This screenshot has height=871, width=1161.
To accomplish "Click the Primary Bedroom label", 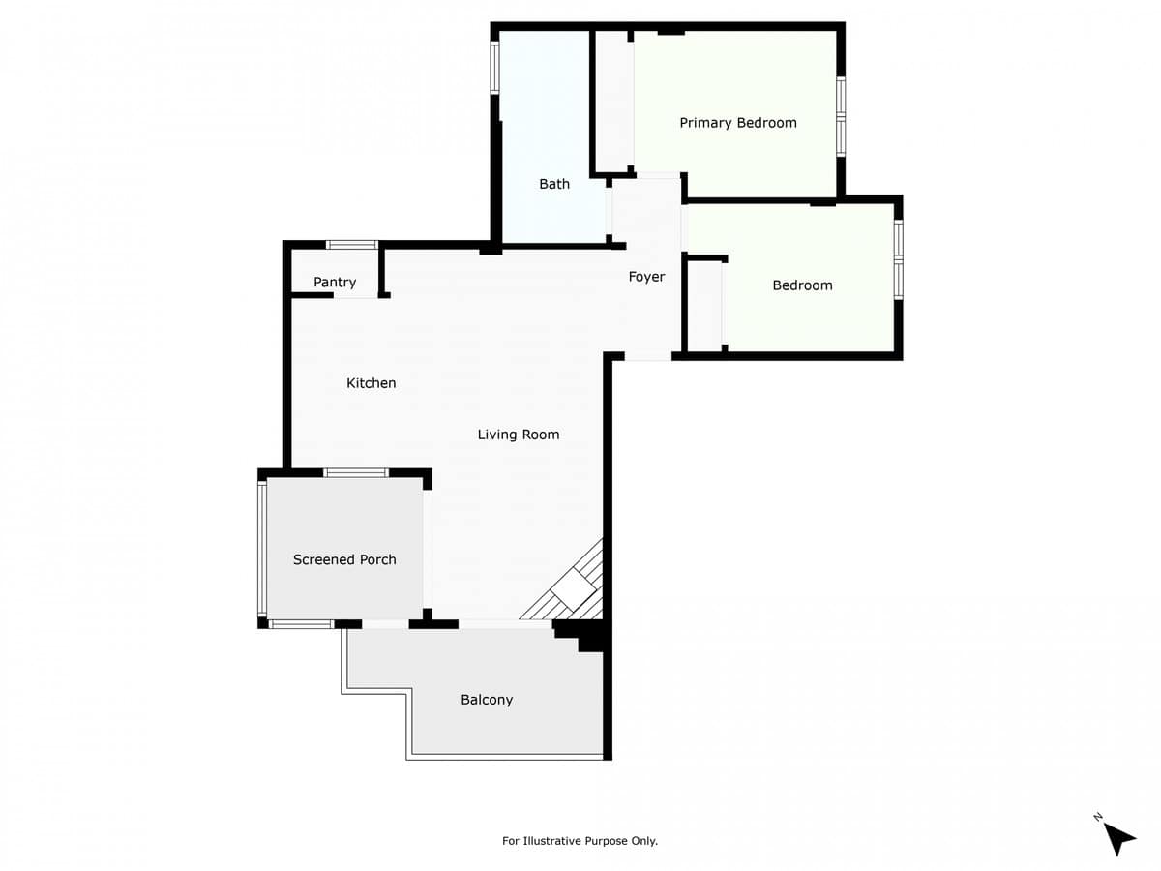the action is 738,123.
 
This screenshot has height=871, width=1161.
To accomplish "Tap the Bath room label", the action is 554,184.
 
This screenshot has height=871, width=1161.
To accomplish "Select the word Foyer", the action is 646,277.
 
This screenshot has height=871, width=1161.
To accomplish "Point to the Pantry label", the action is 335,283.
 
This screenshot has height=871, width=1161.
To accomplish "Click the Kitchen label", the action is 371,383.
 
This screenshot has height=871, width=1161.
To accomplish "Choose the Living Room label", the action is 519,435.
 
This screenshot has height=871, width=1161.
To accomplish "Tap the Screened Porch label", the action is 344,559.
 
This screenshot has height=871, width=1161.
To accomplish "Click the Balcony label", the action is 487,700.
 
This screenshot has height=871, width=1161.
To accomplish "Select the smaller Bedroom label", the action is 802,285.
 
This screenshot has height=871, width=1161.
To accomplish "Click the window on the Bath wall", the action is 494,68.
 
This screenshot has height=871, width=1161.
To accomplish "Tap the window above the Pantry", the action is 352,245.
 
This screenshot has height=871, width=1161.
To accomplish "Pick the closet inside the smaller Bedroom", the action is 705,305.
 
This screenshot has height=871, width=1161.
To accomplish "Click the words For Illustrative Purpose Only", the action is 580,841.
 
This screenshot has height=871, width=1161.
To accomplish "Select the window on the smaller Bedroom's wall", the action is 898,259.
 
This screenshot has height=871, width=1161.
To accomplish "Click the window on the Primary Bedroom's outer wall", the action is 841,116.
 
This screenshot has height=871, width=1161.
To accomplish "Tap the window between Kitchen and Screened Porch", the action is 356,473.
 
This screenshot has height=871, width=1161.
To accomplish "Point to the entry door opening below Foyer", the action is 648,356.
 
